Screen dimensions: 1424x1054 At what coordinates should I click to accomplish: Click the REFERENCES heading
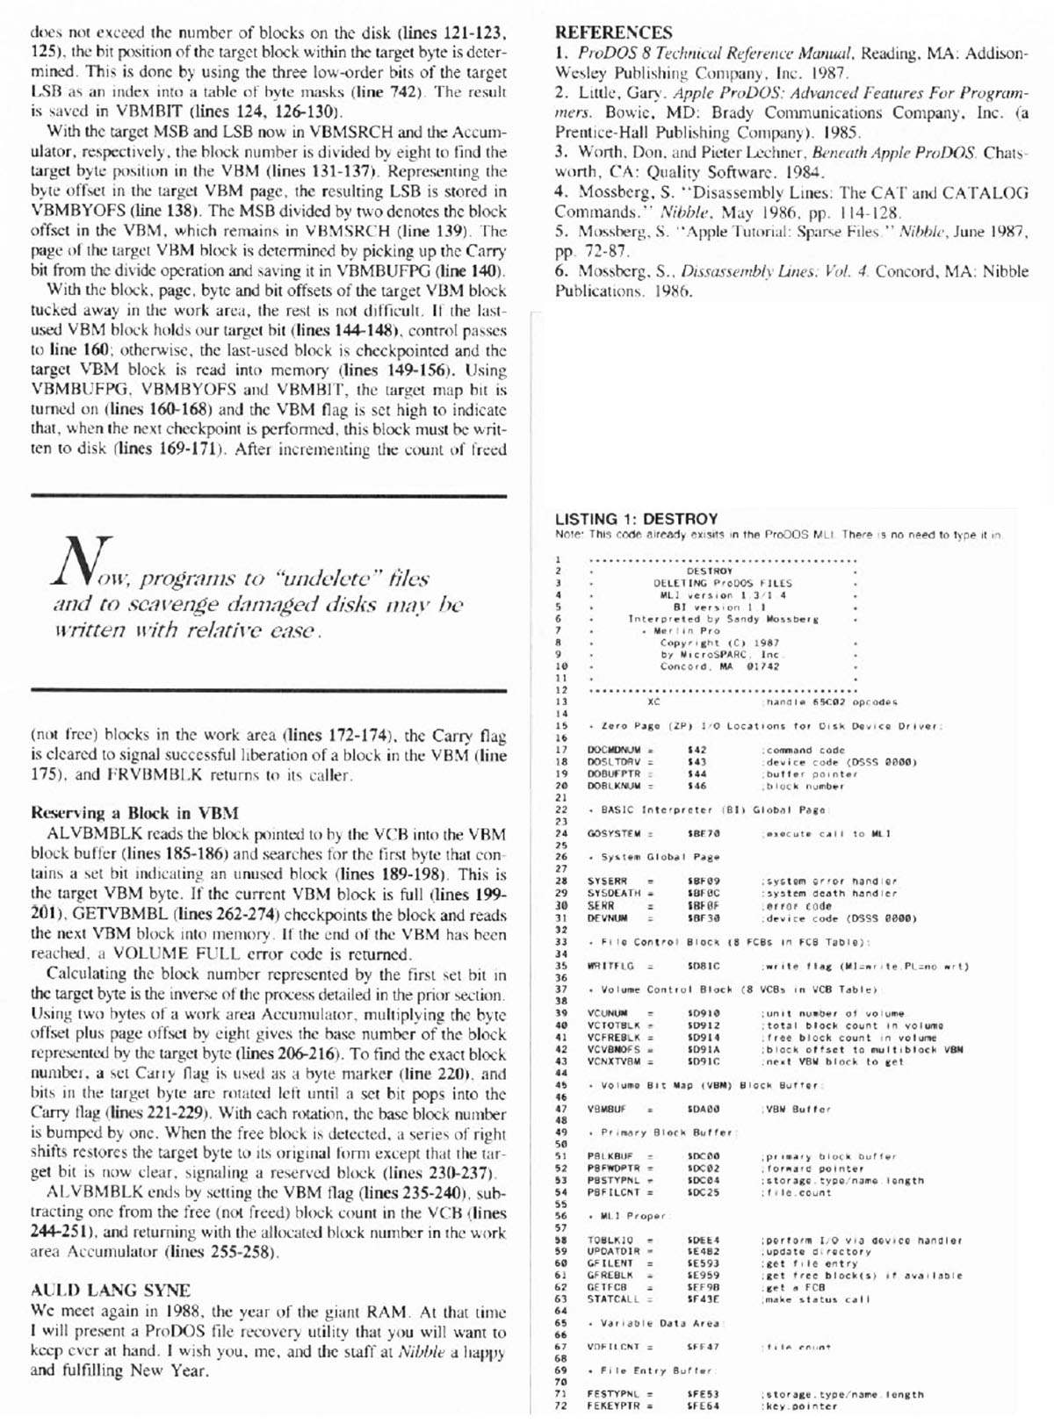coord(613,33)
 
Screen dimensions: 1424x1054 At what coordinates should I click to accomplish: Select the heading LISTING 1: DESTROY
coord(636,519)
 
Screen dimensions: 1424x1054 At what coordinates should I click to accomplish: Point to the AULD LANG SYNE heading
coord(110,1291)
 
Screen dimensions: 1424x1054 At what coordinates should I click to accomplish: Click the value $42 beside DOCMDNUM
coord(697,750)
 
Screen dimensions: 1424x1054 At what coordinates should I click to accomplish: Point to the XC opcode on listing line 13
coord(653,702)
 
